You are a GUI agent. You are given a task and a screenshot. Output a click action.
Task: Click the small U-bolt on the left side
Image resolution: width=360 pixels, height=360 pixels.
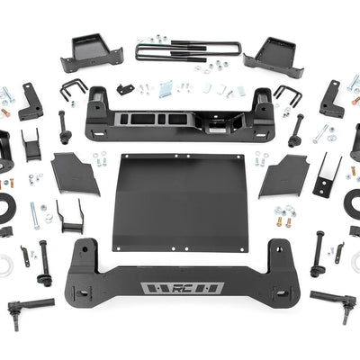point(74,90)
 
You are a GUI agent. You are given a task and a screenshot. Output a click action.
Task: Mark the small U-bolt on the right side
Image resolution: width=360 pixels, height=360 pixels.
point(285,94)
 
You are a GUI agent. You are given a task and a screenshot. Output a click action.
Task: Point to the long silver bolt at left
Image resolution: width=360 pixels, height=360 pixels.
point(35,215)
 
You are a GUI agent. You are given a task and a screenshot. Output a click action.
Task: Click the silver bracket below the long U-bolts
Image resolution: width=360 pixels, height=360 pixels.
point(166,89)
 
